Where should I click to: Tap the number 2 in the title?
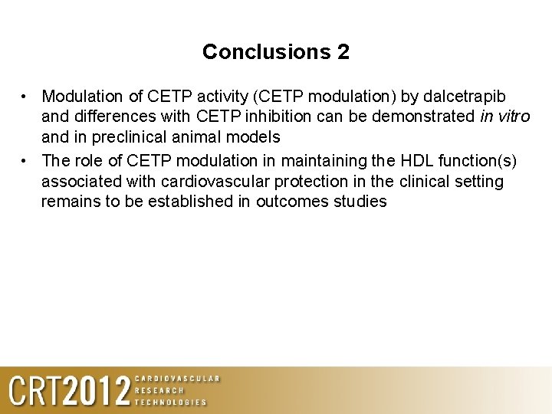coord(343,52)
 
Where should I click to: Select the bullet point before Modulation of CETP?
coord(25,97)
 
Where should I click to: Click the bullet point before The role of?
coord(25,161)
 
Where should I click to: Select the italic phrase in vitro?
coord(504,117)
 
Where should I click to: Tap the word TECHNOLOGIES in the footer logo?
coord(171,402)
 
